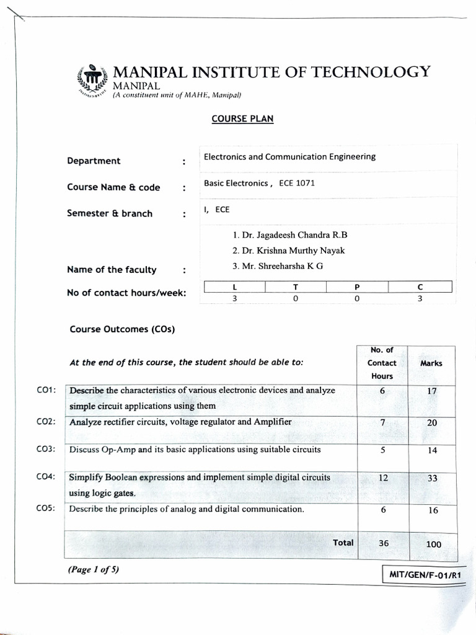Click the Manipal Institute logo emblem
coord(91,79)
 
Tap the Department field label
coord(94,161)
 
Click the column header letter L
coord(234,286)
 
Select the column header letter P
coord(357,286)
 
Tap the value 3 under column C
coord(420,298)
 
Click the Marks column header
coord(431,363)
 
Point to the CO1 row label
coord(46,390)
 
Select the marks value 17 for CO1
coord(432,391)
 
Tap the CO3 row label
coord(46,449)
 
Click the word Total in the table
coord(343,543)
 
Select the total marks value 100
coord(434,544)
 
